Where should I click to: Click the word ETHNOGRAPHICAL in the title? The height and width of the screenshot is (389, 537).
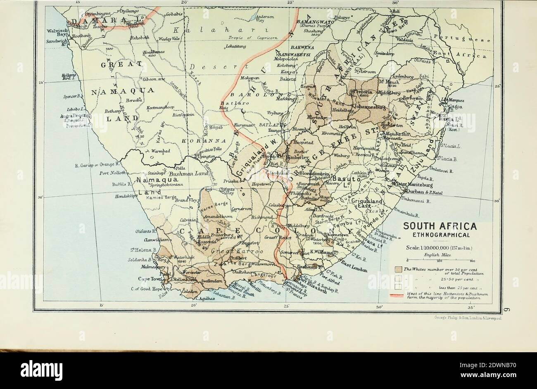tap(440, 235)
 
